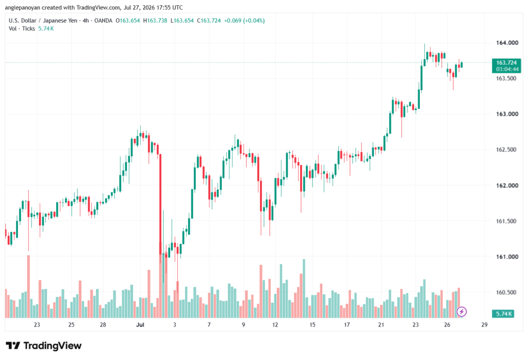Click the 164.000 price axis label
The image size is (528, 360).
pyautogui.click(x=507, y=43)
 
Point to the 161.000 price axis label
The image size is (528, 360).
pyautogui.click(x=507, y=257)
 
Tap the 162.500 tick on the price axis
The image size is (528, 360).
pyautogui.click(x=507, y=150)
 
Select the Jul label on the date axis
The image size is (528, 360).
pyautogui.click(x=140, y=324)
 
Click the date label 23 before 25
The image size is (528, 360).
pyautogui.click(x=37, y=324)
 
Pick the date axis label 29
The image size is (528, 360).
pyautogui.click(x=484, y=324)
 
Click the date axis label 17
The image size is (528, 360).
pyautogui.click(x=346, y=324)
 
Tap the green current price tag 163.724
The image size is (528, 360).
pyautogui.click(x=506, y=62)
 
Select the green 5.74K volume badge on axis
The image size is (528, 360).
pyautogui.click(x=503, y=314)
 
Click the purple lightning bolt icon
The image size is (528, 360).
pyautogui.click(x=461, y=312)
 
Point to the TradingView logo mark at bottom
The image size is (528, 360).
pyautogui.click(x=13, y=346)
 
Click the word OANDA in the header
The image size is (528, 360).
pyautogui.click(x=103, y=21)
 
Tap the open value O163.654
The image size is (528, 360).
pyautogui.click(x=128, y=21)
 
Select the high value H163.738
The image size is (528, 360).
pyautogui.click(x=155, y=21)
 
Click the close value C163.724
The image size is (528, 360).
pyautogui.click(x=209, y=21)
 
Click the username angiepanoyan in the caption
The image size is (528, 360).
pyautogui.click(x=22, y=7)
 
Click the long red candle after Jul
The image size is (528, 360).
pyautogui.click(x=160, y=204)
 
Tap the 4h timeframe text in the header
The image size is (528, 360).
pyautogui.click(x=86, y=21)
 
